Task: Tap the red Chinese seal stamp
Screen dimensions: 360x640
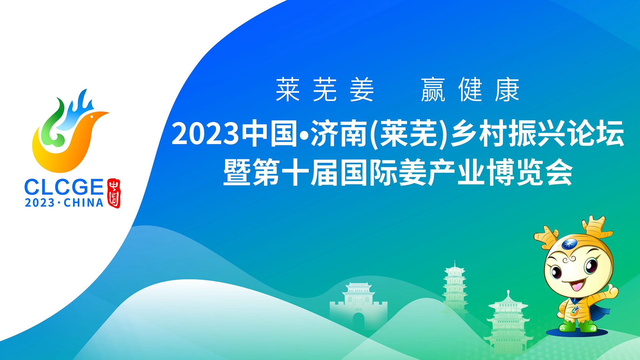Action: pyautogui.click(x=114, y=193)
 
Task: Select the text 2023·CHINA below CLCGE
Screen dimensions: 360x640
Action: pyautogui.click(x=64, y=203)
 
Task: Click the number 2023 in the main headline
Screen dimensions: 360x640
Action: pyautogui.click(x=205, y=134)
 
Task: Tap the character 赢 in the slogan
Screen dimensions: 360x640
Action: pyautogui.click(x=433, y=90)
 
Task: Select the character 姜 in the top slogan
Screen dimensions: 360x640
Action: pyautogui.click(x=362, y=90)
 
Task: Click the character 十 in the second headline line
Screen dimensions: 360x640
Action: pyautogui.click(x=295, y=172)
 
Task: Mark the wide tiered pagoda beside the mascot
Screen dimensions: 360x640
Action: pyautogui.click(x=508, y=323)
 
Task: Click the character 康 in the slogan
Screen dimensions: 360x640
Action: pyautogui.click(x=507, y=90)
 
